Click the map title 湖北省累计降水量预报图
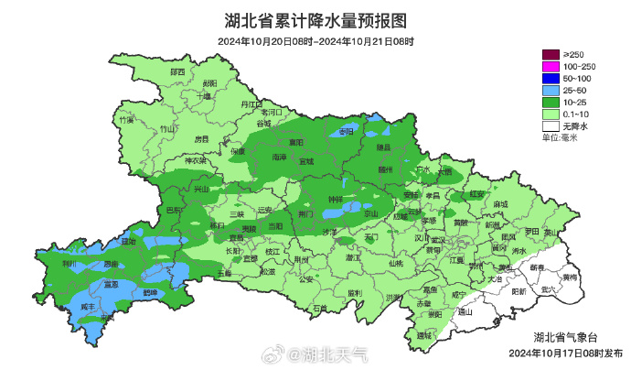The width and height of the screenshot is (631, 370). tap(315, 20)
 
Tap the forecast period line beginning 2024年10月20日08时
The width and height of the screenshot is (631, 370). tap(315, 41)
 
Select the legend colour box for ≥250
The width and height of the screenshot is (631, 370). tap(550, 55)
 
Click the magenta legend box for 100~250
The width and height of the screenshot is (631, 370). tap(550, 67)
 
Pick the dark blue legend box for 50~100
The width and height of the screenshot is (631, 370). tap(550, 79)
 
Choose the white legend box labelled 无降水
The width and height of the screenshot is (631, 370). tap(550, 126)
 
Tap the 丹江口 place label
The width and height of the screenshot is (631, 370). tap(251, 105)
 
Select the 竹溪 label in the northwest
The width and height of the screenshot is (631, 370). tap(126, 119)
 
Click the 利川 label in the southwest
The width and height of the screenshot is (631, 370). tap(70, 263)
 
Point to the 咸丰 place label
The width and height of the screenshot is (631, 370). tap(88, 307)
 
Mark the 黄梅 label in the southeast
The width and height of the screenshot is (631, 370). tap(570, 276)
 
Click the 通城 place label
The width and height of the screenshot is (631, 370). tap(422, 335)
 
